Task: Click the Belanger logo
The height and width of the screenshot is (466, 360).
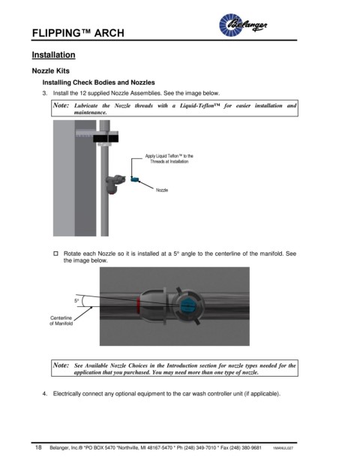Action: (243, 25)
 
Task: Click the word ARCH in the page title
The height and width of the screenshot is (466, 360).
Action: (109, 33)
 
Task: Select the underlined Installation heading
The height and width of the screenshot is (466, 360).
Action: (53, 55)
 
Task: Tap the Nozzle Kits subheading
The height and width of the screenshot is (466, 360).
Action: (51, 71)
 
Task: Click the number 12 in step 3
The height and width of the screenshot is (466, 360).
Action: (82, 93)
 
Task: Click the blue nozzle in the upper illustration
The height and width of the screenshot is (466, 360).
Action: (135, 179)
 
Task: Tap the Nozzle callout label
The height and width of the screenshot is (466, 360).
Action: (162, 190)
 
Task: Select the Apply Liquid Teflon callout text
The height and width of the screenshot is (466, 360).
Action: (169, 158)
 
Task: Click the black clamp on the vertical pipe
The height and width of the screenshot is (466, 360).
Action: (106, 138)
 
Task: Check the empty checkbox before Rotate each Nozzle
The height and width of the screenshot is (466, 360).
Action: (55, 254)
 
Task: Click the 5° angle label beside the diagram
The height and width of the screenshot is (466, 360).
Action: (76, 301)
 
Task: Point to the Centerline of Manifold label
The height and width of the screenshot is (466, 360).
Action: (61, 320)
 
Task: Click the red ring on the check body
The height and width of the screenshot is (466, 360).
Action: (138, 305)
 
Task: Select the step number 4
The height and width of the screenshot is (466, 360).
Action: (44, 394)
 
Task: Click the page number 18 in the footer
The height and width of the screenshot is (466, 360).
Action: (38, 447)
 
